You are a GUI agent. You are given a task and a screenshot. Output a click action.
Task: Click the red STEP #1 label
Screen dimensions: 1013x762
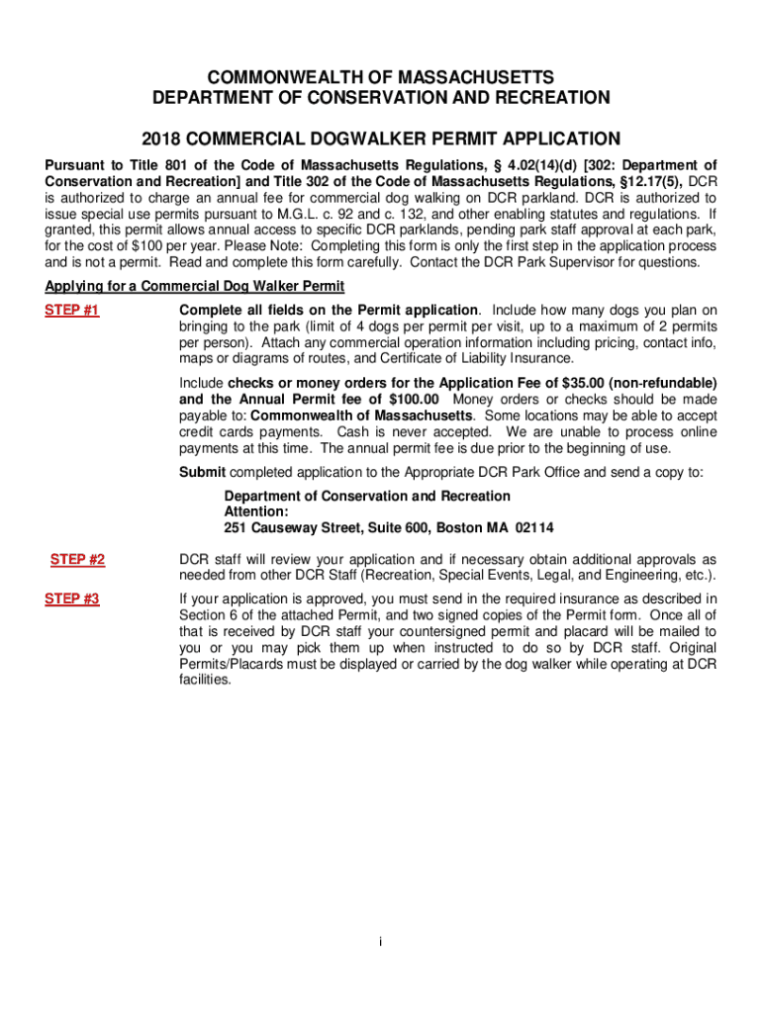click(x=72, y=311)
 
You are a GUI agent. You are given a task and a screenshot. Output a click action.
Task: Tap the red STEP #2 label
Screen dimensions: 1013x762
click(x=78, y=560)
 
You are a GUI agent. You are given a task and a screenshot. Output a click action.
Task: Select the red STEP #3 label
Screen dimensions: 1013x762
click(x=72, y=599)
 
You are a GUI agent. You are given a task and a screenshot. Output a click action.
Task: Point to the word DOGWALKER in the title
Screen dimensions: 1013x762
click(x=382, y=138)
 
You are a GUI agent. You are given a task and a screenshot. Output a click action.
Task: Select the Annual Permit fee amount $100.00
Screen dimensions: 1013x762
click(x=407, y=399)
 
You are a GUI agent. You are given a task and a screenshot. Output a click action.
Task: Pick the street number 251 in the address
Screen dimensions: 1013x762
click(x=236, y=527)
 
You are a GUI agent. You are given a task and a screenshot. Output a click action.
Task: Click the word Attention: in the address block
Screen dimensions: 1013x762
click(x=256, y=511)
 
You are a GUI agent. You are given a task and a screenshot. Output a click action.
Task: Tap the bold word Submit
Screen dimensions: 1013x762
click(x=202, y=472)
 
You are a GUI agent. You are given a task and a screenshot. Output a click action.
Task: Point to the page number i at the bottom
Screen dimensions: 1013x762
click(x=381, y=942)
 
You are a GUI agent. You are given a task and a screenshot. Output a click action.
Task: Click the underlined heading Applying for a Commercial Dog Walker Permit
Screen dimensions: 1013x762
click(x=195, y=287)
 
